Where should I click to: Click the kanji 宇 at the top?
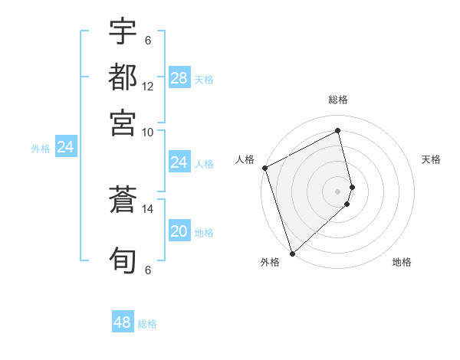tap(123, 31)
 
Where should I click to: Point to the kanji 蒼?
tap(123, 200)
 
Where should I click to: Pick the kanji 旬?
tap(123, 260)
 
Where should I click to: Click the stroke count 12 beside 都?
tap(148, 86)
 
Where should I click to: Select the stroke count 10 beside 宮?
tap(148, 131)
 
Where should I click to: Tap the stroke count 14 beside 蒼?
tap(148, 208)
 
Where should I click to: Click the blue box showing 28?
tap(179, 77)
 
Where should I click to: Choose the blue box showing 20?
tap(179, 231)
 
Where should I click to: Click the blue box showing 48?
tap(123, 322)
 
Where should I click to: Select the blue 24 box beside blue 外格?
tap(65, 147)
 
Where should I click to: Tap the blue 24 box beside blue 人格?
tap(179, 162)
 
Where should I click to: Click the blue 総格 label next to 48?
tap(147, 324)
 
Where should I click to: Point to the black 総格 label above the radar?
tap(338, 100)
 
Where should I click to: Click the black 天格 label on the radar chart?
tap(431, 159)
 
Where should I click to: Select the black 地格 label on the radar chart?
tap(402, 262)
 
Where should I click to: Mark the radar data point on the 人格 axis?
tap(264, 168)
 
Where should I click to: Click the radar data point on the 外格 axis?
tap(292, 253)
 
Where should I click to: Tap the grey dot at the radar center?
tap(338, 191)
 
